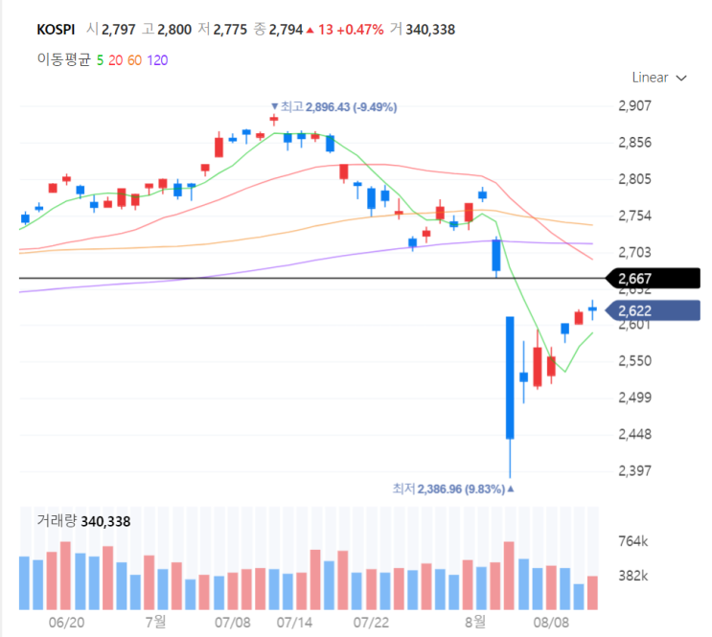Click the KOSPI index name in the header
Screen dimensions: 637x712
[56, 30]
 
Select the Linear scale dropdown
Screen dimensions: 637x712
[659, 78]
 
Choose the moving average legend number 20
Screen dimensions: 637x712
[115, 60]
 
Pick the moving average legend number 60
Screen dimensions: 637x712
[134, 60]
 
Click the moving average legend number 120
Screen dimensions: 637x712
[157, 60]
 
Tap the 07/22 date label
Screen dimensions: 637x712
[371, 622]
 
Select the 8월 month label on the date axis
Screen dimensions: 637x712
[473, 622]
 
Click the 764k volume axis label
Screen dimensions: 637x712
[633, 542]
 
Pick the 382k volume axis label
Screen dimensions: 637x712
[633, 576]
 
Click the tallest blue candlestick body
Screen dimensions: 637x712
[510, 377]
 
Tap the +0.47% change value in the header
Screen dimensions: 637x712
[361, 30]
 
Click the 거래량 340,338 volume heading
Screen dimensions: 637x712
[83, 521]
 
